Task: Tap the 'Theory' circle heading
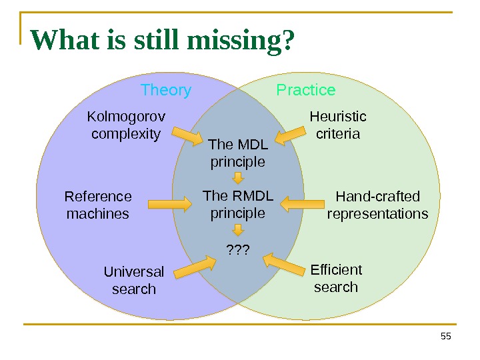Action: coord(166,90)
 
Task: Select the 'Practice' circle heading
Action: coord(306,90)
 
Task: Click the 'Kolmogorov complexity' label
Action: coord(126,125)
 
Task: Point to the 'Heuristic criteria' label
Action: coord(338,125)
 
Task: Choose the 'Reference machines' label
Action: coord(98,205)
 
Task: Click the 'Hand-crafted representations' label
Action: coord(377,205)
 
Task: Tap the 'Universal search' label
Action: coord(134,280)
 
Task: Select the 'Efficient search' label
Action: coord(336,278)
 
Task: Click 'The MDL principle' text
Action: coord(238,153)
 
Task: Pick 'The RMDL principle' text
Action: coord(238,205)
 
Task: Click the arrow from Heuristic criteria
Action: coord(289,137)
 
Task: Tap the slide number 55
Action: coord(446,337)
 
